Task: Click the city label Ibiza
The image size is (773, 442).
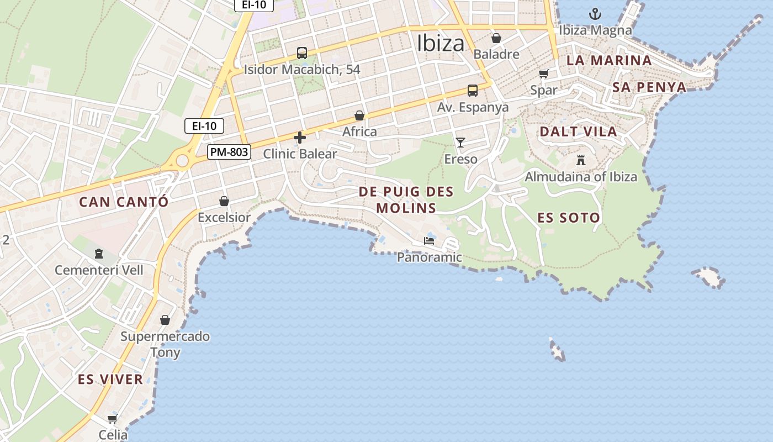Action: (x=440, y=43)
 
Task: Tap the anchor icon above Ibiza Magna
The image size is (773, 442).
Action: (x=595, y=13)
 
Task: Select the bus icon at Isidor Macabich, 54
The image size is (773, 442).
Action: (x=301, y=53)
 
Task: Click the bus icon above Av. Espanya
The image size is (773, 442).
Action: (x=472, y=91)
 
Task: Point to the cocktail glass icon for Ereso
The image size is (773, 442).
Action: (x=460, y=143)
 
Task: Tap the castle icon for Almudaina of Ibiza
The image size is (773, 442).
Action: (x=581, y=160)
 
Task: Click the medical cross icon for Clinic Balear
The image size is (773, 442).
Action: (x=300, y=137)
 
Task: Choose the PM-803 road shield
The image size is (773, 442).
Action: (x=229, y=151)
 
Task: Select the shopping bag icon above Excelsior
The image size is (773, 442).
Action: (x=224, y=201)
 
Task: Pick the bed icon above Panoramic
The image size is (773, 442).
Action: (x=429, y=241)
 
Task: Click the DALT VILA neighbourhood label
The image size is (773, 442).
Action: (x=578, y=131)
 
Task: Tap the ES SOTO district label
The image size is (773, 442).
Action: (x=569, y=218)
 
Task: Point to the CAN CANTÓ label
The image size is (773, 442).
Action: (x=124, y=202)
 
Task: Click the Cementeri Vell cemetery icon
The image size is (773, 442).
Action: (x=99, y=254)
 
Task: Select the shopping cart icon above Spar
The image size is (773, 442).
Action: (x=544, y=73)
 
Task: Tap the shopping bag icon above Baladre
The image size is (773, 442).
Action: (x=496, y=38)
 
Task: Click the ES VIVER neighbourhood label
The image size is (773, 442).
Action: (x=110, y=380)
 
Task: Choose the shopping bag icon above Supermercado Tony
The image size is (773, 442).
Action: (x=165, y=320)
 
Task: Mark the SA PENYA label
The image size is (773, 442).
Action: (x=649, y=87)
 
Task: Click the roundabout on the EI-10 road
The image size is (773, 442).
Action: (x=182, y=161)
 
